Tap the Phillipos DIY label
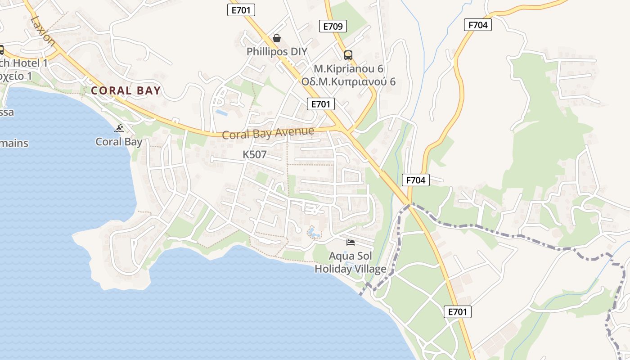click(277, 51)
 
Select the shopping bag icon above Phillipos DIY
click(277, 39)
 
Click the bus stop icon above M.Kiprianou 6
click(348, 55)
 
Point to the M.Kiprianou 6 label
click(348, 69)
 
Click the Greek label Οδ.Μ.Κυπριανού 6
click(348, 81)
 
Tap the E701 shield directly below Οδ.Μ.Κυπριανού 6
click(321, 104)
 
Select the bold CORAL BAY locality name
click(126, 90)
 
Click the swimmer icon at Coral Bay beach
click(119, 129)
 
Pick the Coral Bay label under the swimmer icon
click(119, 142)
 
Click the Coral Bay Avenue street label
click(268, 133)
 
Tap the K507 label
click(255, 154)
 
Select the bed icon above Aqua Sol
click(351, 243)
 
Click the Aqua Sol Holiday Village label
click(350, 262)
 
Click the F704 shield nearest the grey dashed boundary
click(415, 180)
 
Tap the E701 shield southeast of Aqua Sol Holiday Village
click(458, 311)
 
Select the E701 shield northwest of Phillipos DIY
click(241, 10)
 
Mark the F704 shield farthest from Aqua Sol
click(477, 25)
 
